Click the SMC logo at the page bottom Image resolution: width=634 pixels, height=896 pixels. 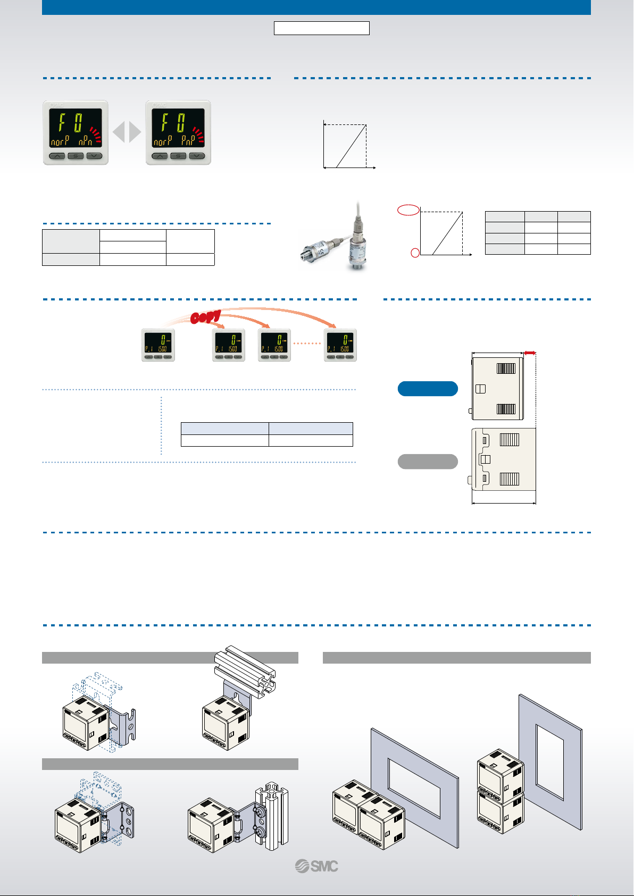(x=317, y=866)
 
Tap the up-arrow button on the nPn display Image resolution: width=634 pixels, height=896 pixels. (x=57, y=156)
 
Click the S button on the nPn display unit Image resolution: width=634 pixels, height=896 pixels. (x=76, y=156)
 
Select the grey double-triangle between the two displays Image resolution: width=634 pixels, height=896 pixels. (x=127, y=132)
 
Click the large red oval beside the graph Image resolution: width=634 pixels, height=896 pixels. (x=408, y=210)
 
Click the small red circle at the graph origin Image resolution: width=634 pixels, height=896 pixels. (x=415, y=253)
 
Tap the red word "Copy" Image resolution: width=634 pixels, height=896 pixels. (x=206, y=317)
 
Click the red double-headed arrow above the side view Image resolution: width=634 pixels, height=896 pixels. (x=529, y=352)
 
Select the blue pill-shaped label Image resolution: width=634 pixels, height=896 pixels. (x=428, y=389)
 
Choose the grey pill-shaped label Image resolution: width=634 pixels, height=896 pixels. (x=428, y=462)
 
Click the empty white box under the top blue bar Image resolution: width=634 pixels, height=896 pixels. (x=321, y=28)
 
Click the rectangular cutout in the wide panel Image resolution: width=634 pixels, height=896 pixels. (x=414, y=788)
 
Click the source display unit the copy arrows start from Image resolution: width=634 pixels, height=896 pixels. (x=158, y=345)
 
